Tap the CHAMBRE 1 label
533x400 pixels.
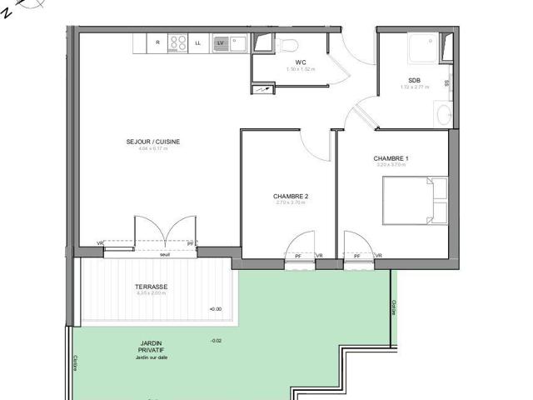tap(391, 157)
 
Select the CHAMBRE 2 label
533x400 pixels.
tap(291, 197)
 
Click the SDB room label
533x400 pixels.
tap(414, 80)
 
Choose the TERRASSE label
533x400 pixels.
tap(151, 287)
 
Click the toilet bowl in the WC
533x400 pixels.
tap(286, 43)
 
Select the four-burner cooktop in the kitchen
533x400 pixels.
tap(178, 42)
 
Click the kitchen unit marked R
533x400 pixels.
tap(157, 42)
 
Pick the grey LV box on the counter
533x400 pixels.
tap(221, 42)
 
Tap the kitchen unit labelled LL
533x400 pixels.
tap(198, 42)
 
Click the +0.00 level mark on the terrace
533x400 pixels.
tap(216, 309)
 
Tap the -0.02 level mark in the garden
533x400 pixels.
tap(216, 340)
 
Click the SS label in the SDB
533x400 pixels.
tap(446, 83)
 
